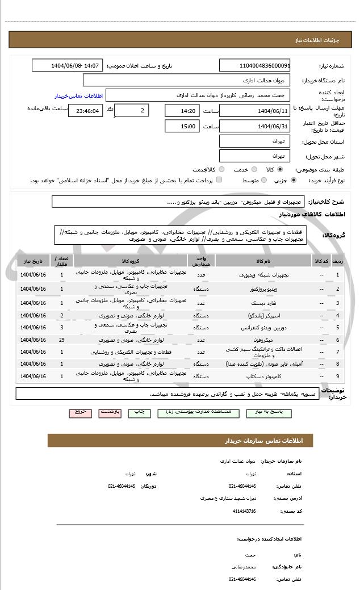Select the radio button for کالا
[280, 169]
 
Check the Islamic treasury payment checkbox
[219, 180]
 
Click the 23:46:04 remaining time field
[85, 111]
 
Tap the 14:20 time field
[182, 111]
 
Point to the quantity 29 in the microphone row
[61, 340]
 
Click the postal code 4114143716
[244, 511]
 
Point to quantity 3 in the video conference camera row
[61, 327]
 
